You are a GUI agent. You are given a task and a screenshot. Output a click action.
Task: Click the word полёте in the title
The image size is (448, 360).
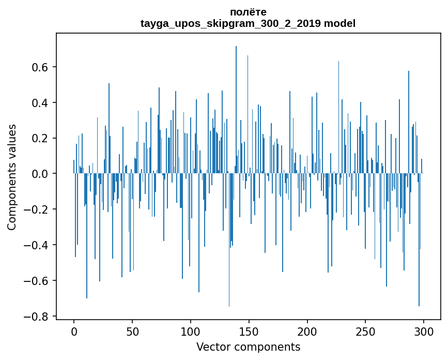[x=248, y=12]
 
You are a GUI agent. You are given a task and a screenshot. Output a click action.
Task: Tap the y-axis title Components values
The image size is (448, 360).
[x=12, y=177]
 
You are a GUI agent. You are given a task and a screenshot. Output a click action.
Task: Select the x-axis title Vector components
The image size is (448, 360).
[x=248, y=347]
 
